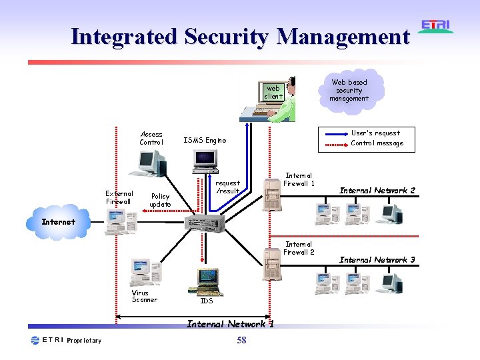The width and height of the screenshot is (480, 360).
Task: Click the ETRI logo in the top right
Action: tap(436, 27)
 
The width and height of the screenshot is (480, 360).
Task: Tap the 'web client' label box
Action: tap(273, 92)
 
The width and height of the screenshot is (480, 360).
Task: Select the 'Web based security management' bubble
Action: tap(349, 90)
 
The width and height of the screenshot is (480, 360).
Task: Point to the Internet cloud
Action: tap(59, 221)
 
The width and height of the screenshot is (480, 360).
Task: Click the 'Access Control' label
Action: tap(151, 138)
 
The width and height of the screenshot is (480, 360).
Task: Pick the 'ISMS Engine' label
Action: tap(205, 141)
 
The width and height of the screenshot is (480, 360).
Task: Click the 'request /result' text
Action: tap(227, 187)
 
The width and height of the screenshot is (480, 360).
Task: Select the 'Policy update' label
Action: tap(160, 200)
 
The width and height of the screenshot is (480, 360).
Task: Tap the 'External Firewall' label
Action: tap(119, 197)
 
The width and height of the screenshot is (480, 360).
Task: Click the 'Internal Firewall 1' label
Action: tap(299, 179)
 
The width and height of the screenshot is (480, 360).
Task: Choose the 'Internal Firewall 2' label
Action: tap(299, 248)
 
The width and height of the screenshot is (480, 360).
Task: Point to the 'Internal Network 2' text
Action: tap(377, 191)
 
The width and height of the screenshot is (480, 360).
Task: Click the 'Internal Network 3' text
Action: tap(377, 260)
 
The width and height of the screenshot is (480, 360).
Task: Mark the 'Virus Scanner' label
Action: tap(145, 296)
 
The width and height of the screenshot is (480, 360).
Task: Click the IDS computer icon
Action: tap(207, 281)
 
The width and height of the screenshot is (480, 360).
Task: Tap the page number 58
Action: tap(241, 341)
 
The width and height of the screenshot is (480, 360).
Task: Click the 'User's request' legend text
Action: tap(375, 133)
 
